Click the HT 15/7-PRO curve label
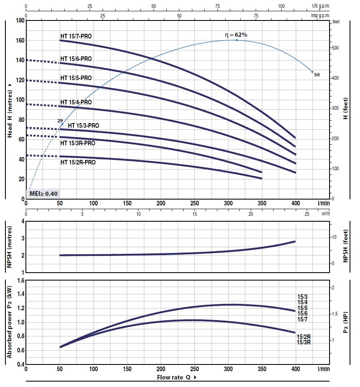tap(76, 36)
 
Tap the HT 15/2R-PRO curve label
tap(78, 162)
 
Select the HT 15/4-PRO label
tap(76, 102)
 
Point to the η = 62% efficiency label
tap(236, 35)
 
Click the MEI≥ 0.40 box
tap(43, 193)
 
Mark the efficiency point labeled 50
tap(312, 72)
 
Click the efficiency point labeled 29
tap(63, 124)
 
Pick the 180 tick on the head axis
tap(19, 20)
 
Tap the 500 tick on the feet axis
tap(335, 48)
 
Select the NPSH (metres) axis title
tap(10, 246)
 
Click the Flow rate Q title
tap(176, 377)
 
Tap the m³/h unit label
tap(325, 214)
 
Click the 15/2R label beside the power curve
tap(303, 336)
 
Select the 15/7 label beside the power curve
tap(302, 319)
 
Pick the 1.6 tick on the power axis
tap(19, 281)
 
